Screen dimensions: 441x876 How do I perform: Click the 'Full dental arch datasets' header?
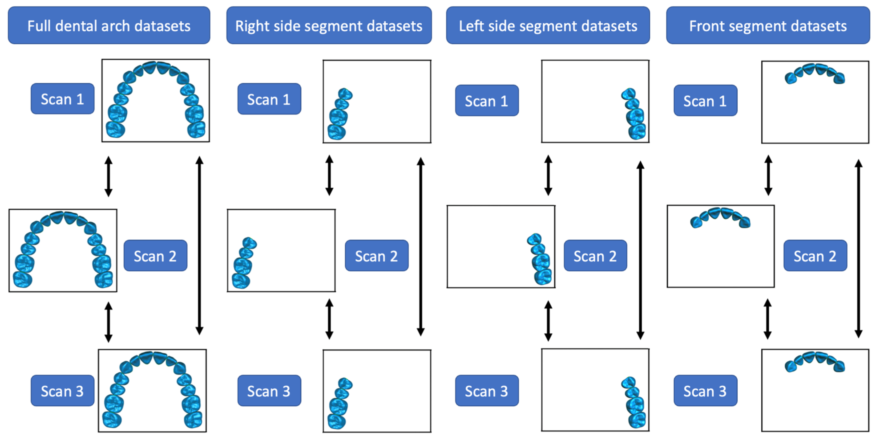pos(109,26)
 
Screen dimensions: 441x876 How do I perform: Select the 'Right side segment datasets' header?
pos(329,26)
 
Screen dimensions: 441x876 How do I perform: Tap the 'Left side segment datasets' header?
pos(548,26)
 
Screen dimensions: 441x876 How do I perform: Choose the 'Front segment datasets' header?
pos(768,26)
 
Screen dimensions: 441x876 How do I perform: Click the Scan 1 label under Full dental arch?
pos(62,99)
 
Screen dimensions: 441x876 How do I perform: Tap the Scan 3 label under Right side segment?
pos(269,391)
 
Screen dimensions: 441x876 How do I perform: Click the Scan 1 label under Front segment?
pos(705,101)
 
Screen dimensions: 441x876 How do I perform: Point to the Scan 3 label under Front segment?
pos(705,391)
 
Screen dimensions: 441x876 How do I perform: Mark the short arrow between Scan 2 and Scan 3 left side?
pos(548,321)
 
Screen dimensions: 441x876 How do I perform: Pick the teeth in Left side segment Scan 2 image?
pos(540,259)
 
